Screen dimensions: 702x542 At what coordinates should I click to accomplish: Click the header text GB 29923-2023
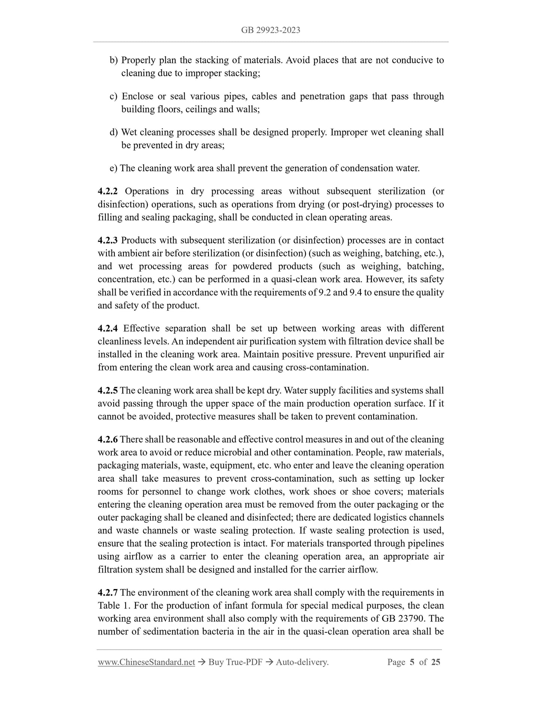[x=270, y=30]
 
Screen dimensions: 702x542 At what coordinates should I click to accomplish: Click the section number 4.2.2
[x=108, y=191]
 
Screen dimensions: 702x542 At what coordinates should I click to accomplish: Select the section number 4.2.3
[x=108, y=240]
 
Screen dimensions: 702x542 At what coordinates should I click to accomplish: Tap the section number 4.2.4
[x=108, y=328]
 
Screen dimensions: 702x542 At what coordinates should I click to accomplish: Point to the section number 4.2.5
[x=108, y=390]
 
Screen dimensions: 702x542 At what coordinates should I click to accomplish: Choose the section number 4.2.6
[x=108, y=439]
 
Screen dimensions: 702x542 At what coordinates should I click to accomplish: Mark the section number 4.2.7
[x=108, y=593]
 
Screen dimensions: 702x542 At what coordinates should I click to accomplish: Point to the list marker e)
[x=114, y=168]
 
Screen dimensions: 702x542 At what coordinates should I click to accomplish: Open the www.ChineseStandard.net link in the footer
[x=146, y=662]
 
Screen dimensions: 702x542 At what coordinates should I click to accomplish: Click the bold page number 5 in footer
[x=412, y=662]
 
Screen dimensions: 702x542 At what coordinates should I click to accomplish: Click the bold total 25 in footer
[x=435, y=662]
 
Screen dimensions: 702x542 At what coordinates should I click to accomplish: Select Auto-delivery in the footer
[x=302, y=662]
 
